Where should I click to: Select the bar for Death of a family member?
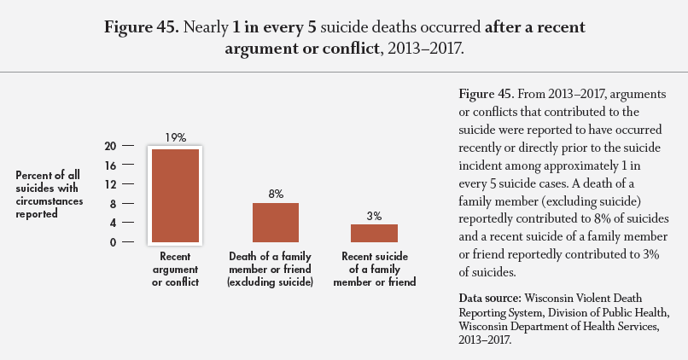click(x=275, y=223)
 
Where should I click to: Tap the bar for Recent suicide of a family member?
click(x=374, y=233)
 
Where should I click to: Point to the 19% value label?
click(x=175, y=137)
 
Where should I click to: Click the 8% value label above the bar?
click(x=276, y=194)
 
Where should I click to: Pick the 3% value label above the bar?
click(x=374, y=216)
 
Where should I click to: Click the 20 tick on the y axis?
click(x=110, y=145)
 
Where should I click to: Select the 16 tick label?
click(x=111, y=165)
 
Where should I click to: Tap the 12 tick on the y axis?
click(x=111, y=184)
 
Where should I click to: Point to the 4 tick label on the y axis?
click(x=114, y=223)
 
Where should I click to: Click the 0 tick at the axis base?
click(x=114, y=242)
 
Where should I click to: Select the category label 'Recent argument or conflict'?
click(x=175, y=269)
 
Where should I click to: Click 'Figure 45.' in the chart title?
click(x=140, y=27)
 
